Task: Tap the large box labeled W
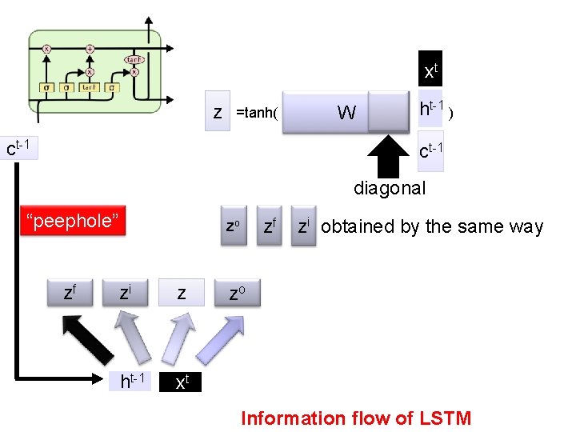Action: pos(346,112)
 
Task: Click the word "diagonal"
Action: pos(390,189)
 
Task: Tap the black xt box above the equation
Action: pos(430,72)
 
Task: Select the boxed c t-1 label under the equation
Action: pos(430,150)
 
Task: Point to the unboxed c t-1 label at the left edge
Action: pos(18,148)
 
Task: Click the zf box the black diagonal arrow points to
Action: pos(70,294)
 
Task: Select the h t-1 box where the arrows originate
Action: pos(133,382)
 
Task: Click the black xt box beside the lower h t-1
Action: pos(181,382)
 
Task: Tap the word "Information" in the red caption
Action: pos(291,418)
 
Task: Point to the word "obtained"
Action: pos(358,226)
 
